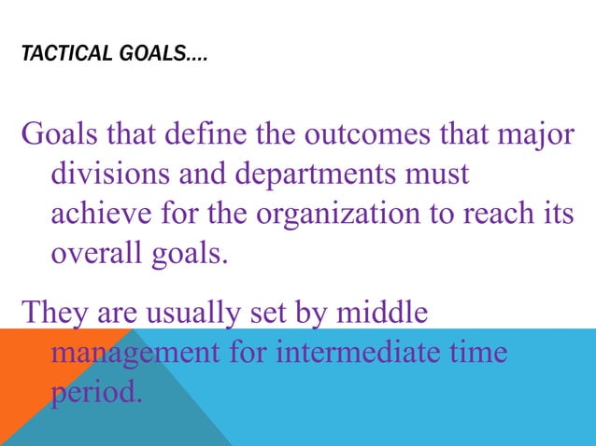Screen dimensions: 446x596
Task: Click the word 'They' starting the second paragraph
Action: pos(52,311)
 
